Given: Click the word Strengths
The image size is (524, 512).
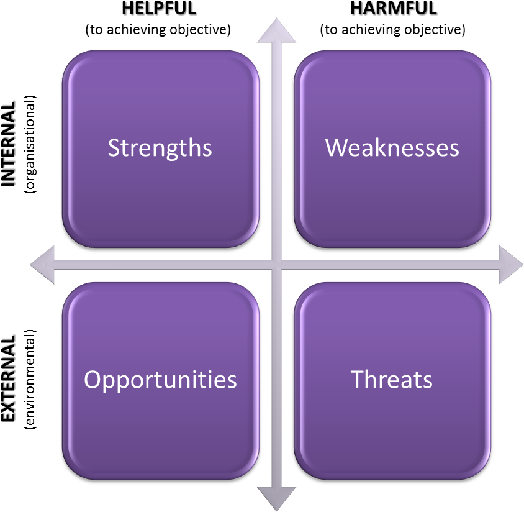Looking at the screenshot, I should coord(160,148).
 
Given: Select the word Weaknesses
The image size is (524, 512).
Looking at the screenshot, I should coord(392,148).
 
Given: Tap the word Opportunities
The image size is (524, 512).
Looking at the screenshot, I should coord(160,380).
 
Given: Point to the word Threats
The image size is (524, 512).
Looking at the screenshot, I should coord(391,379).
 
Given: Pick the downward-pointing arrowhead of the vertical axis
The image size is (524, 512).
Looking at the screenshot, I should coord(276,497).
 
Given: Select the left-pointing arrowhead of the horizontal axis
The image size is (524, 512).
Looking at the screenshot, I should coord(42,264).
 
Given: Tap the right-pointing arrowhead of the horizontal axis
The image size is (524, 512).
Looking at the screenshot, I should coord(510,264).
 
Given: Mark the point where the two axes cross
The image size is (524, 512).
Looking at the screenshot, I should coord(276,264).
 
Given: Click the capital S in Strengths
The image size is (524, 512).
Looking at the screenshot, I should coord(114,148).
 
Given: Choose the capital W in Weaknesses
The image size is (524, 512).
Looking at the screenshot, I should coord(337,148).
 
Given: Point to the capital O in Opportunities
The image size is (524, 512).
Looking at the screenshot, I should coord(92,379).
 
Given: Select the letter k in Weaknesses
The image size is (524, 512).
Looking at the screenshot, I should coord(382,147).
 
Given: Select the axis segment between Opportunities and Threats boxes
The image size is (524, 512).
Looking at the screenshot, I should coord(276,379).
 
